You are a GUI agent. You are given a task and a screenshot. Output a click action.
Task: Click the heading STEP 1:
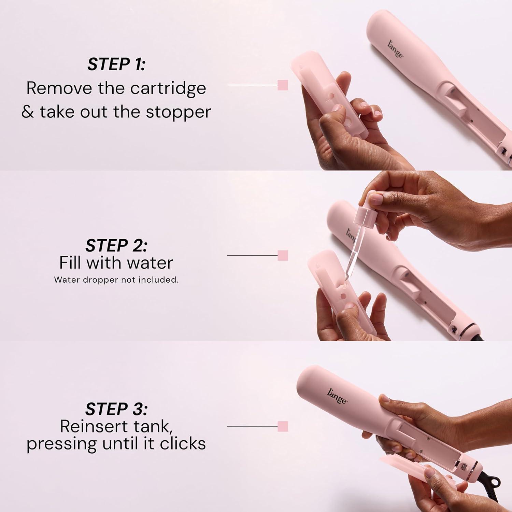[x=116, y=64]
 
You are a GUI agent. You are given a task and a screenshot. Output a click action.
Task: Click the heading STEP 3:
[x=116, y=409]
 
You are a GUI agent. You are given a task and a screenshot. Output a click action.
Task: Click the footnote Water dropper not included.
[x=116, y=280]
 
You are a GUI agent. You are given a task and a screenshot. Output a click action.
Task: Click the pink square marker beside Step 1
[x=283, y=85]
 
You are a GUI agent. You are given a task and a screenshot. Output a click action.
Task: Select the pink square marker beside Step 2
[x=283, y=255]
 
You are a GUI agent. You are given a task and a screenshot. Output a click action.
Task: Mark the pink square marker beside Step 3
[x=283, y=426]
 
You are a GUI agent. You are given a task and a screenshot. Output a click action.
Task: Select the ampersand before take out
[x=28, y=112]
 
